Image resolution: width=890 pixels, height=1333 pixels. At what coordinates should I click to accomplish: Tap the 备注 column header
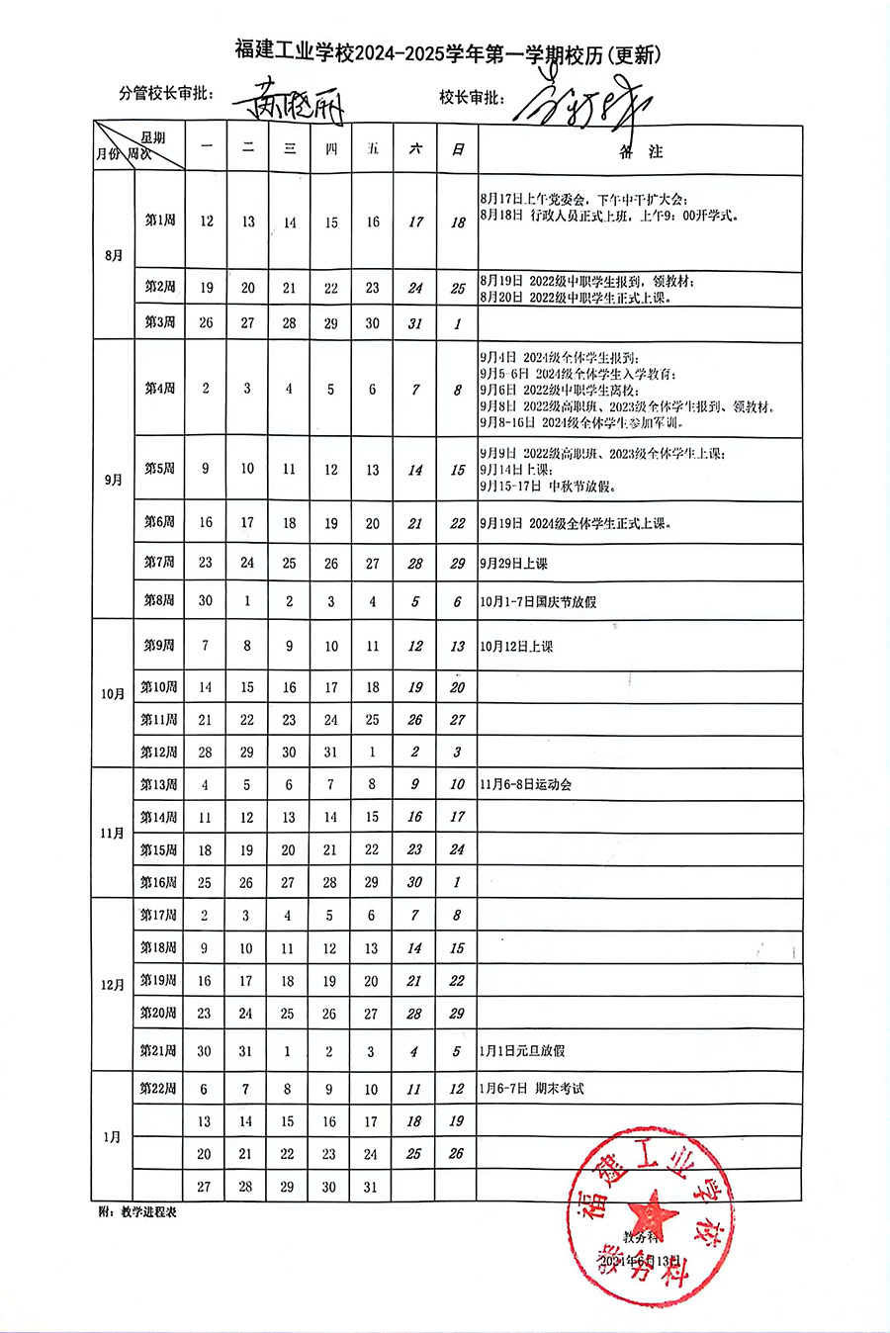point(640,151)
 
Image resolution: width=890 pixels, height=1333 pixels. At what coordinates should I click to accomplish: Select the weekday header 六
point(415,148)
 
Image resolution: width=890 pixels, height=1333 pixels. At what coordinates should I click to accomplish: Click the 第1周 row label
point(159,221)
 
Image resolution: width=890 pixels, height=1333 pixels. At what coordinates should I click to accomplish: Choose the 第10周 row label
point(158,687)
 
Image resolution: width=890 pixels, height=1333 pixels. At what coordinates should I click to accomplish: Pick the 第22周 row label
point(158,1089)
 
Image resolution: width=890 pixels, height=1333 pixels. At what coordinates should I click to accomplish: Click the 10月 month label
point(113,694)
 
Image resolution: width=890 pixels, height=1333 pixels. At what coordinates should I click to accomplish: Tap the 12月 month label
point(113,985)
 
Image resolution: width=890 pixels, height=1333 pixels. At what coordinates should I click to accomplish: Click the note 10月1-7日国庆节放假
point(538,601)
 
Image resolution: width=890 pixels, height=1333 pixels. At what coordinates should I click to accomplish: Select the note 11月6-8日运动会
point(526,784)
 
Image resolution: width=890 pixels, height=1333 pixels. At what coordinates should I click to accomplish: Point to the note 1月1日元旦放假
point(522,1051)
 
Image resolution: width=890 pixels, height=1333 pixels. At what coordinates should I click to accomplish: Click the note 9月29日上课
point(513,564)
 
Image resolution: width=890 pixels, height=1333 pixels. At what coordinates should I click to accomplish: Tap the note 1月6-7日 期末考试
point(532,1089)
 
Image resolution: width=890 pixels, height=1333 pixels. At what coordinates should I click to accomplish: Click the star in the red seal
point(654,1211)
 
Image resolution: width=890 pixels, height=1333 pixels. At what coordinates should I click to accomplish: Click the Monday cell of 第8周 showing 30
point(206,601)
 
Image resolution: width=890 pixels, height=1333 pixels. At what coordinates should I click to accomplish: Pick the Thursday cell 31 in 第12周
point(330,753)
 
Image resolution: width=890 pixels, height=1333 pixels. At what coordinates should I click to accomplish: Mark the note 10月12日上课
point(516,647)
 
